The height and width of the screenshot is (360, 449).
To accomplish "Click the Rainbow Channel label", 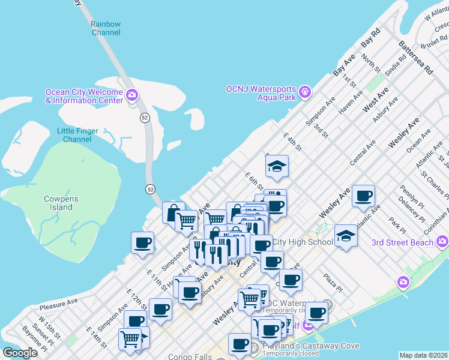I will pyautogui.click(x=106, y=28).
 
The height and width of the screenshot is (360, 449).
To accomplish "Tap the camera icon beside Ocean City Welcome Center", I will pyautogui.click(x=133, y=95).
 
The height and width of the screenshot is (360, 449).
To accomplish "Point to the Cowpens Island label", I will pyautogui.click(x=58, y=203).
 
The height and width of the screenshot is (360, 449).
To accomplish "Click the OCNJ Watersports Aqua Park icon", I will pyautogui.click(x=305, y=92).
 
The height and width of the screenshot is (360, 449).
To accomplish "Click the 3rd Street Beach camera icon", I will pyautogui.click(x=442, y=242).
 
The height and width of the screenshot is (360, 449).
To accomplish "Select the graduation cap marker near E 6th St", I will pyautogui.click(x=277, y=166).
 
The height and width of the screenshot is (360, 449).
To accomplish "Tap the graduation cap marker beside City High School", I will pyautogui.click(x=346, y=235).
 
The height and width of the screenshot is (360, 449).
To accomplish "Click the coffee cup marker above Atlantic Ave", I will pyautogui.click(x=363, y=196).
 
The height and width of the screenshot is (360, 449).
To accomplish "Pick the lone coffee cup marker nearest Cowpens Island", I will pyautogui.click(x=143, y=243).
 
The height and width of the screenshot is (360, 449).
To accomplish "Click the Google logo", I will pyautogui.click(x=20, y=353).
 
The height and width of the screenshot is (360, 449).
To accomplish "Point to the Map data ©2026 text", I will pyautogui.click(x=423, y=355).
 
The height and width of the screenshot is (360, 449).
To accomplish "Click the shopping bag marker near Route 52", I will pyautogui.click(x=173, y=212).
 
